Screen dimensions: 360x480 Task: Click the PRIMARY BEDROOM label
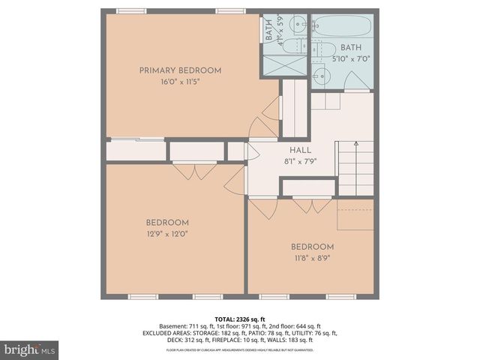coord(180,70)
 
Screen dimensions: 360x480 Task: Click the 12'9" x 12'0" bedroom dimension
coord(167,233)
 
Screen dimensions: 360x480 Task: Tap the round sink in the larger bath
coord(319,75)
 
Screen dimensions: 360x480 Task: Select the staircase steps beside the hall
coord(355,169)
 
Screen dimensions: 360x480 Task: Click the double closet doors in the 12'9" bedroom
coord(195,171)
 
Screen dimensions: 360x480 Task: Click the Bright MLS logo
coord(30,349)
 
